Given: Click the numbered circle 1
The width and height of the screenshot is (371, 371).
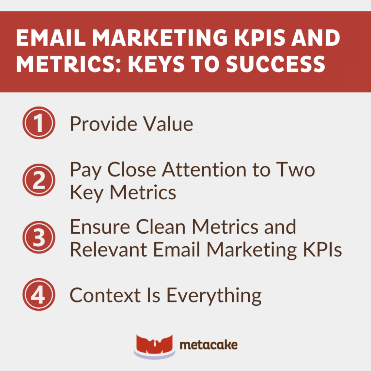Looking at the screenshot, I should (39, 123).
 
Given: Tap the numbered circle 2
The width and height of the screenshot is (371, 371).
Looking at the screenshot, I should (39, 180).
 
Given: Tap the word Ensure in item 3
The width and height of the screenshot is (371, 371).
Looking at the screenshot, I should (98, 227).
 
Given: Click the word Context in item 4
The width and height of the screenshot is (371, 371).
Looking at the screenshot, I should (105, 295).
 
